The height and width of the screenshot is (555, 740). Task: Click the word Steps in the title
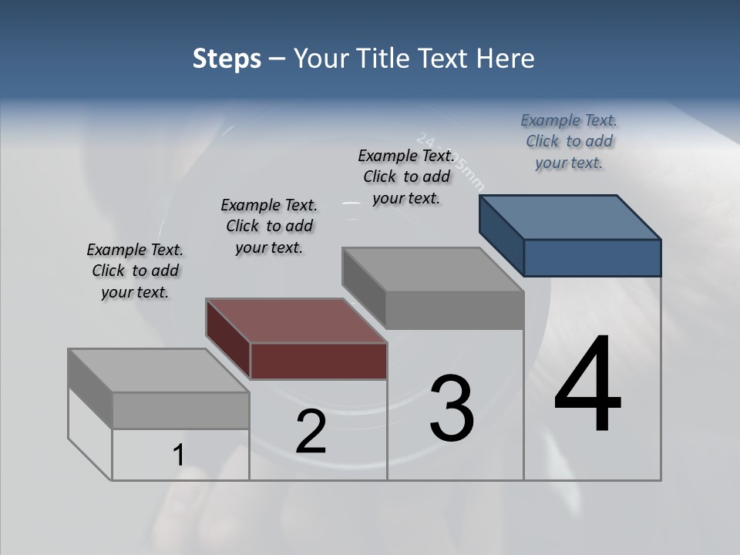227,59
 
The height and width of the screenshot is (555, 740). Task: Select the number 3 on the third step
452,408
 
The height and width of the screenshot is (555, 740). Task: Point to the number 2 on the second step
311,432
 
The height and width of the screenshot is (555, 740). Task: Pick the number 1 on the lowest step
179,456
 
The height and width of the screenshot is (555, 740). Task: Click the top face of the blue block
570,217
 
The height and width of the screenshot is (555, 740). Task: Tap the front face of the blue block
592,257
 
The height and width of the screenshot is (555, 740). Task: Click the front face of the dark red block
318,362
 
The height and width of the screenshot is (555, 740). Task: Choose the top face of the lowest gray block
159,371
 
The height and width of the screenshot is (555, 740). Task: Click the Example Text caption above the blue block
569,141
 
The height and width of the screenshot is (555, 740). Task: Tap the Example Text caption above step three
406,177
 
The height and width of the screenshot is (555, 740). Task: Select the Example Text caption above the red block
269,226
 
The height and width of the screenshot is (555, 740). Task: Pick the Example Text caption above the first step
135,271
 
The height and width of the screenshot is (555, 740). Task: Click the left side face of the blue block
502,235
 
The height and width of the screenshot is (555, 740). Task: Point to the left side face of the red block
228,339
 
